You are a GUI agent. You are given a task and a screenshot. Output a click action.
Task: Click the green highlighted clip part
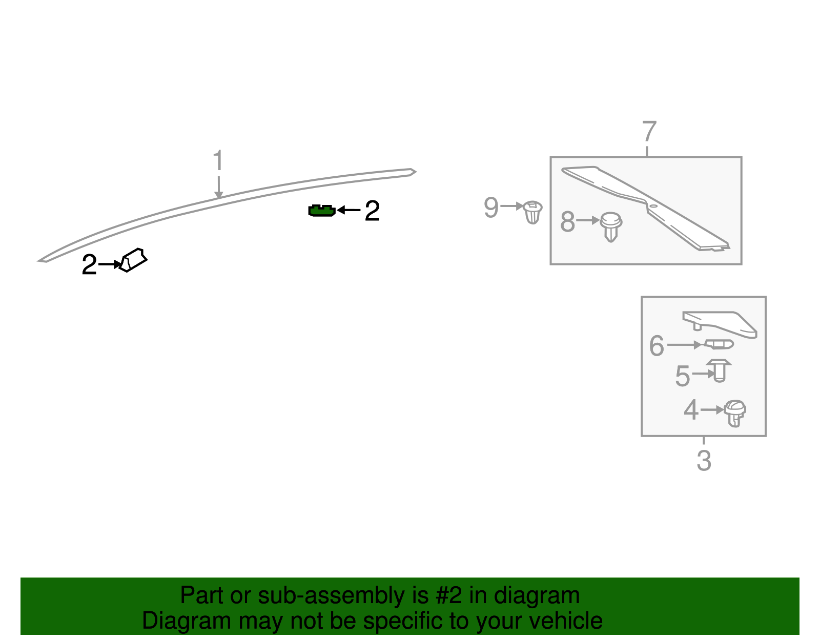coord(322,211)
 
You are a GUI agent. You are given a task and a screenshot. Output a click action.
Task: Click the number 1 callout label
coord(218,160)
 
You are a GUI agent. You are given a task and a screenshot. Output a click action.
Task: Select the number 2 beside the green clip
coord(372,211)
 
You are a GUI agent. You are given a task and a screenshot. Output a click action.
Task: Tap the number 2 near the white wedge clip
coord(90,264)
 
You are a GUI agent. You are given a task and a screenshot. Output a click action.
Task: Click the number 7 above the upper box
coord(649,131)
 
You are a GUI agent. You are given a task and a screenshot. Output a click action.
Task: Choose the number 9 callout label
coord(491,207)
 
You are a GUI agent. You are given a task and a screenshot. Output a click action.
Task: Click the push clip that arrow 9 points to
coord(532,212)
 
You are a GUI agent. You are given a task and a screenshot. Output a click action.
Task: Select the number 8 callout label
coord(567,221)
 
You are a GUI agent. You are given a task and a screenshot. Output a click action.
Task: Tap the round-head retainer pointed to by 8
coord(611,227)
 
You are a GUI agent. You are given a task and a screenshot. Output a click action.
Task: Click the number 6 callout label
coord(657,345)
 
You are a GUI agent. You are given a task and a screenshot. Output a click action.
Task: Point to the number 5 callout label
coord(683,376)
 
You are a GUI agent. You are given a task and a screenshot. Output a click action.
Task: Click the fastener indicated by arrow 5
coord(719,370)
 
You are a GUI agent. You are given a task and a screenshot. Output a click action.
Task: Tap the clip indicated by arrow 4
coord(735,414)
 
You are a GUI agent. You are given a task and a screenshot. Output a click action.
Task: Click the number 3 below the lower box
coord(704,461)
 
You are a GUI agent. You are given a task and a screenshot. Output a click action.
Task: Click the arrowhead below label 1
coord(218,195)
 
